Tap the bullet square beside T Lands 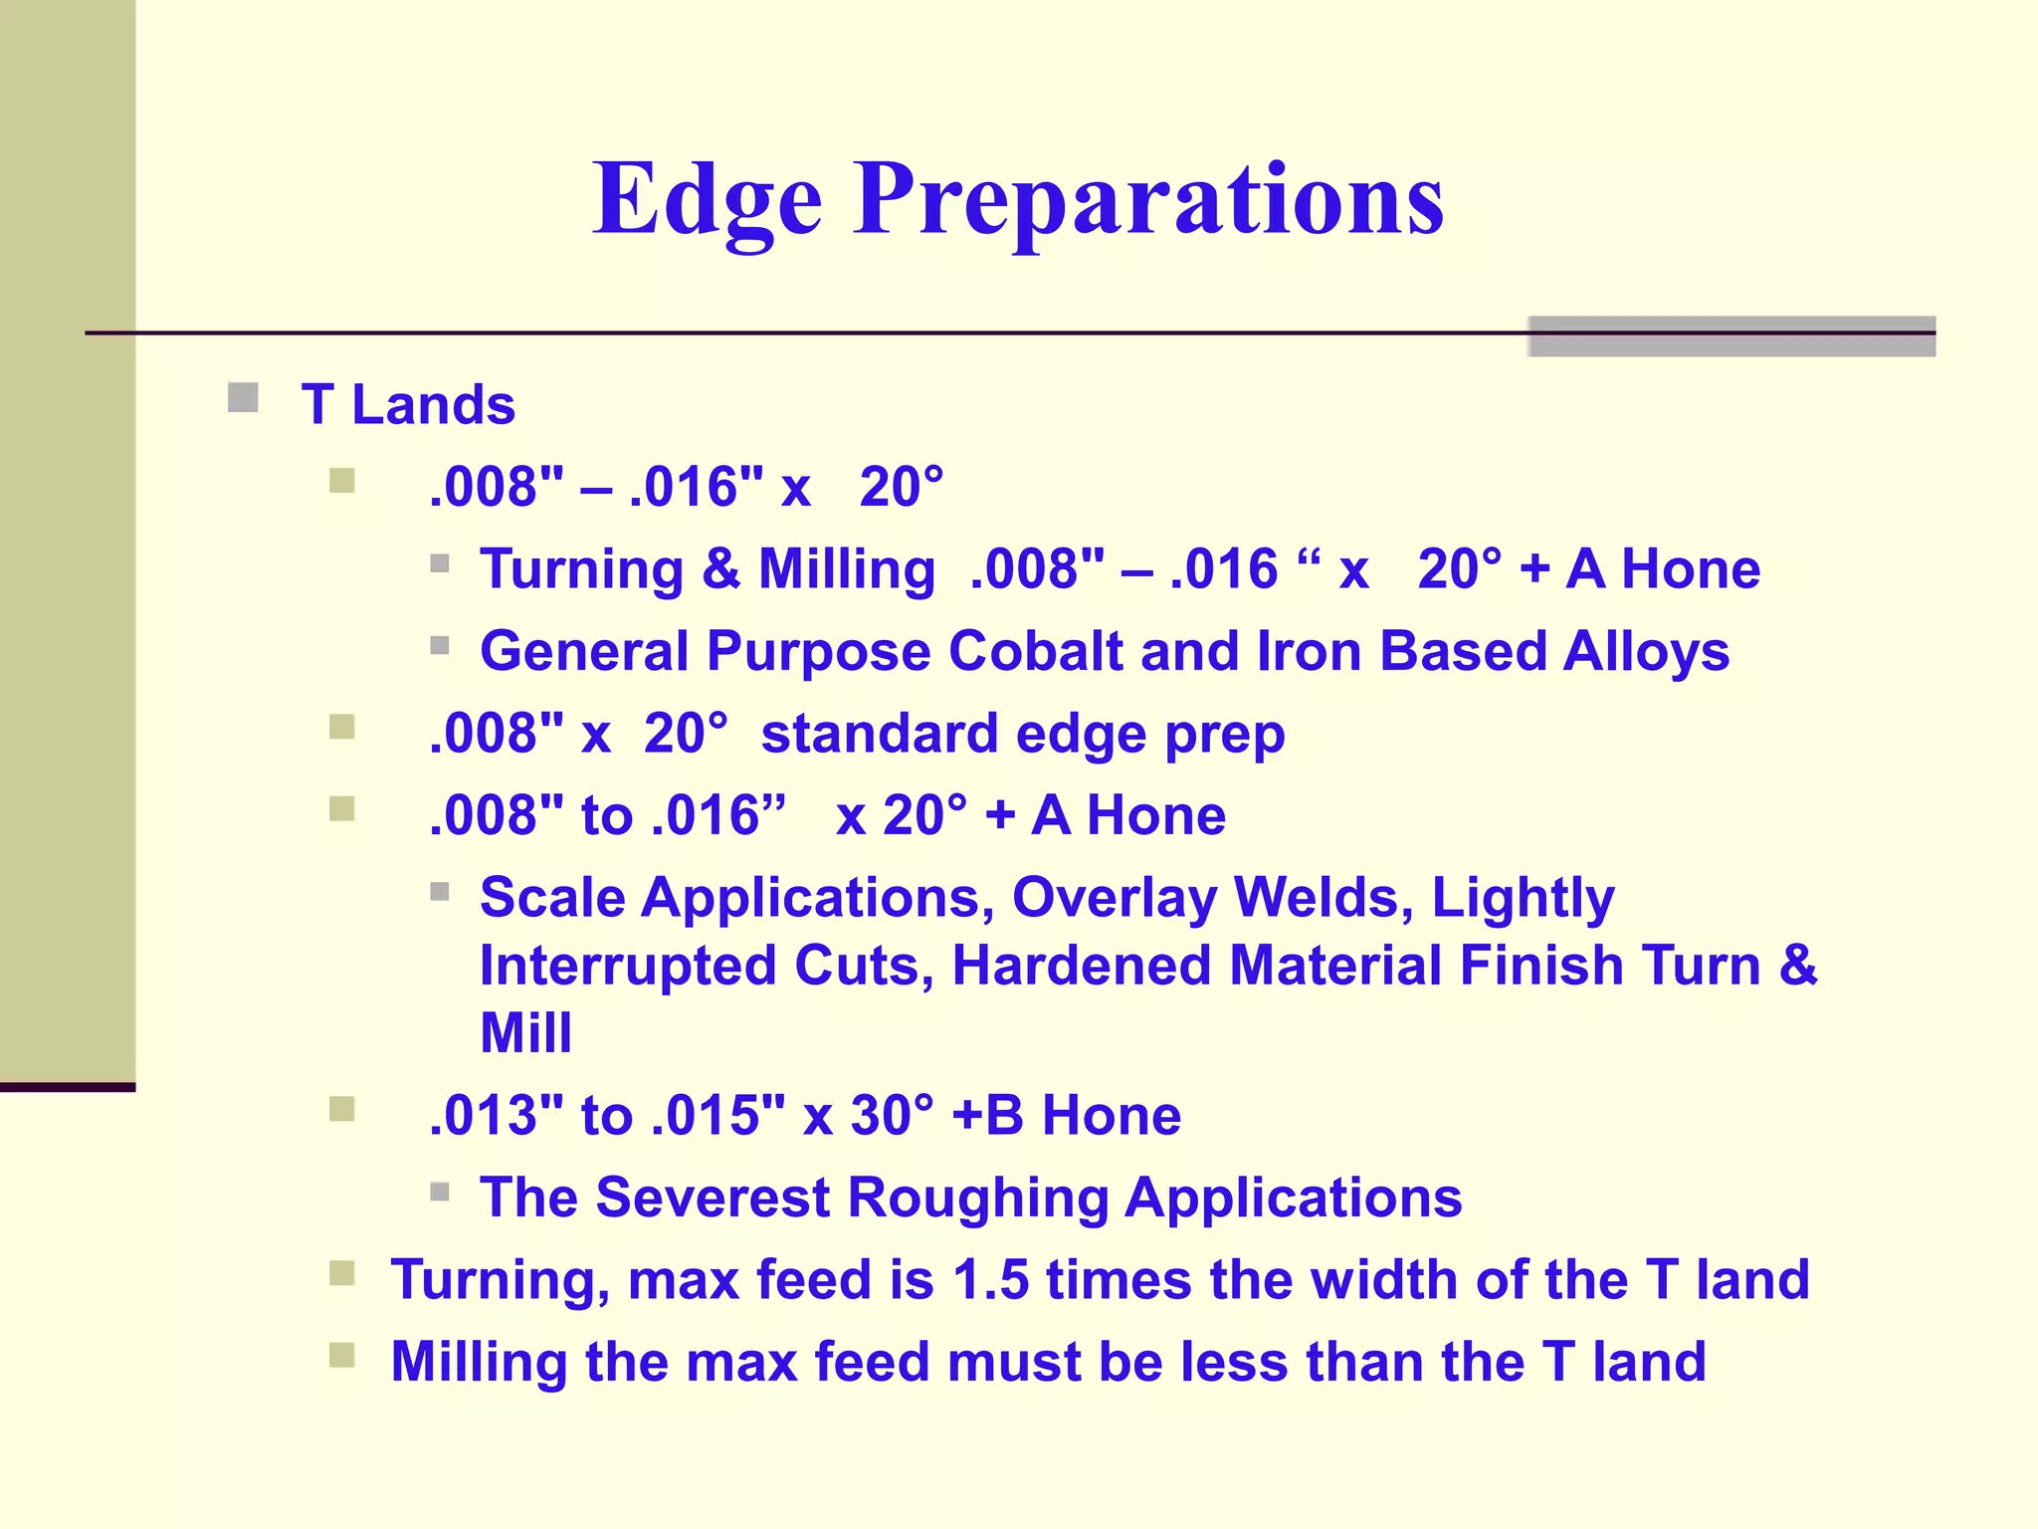(243, 398)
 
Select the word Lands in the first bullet (434, 405)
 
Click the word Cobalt (1035, 652)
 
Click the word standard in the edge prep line (879, 735)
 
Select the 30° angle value (893, 1116)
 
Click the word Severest (713, 1198)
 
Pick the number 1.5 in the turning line (990, 1280)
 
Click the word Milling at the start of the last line (479, 1362)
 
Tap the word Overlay (1115, 899)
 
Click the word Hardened (1082, 967)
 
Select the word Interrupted (628, 967)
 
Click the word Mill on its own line (525, 1033)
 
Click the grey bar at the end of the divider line (1731, 336)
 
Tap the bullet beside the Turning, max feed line (342, 1273)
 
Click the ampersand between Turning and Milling (720, 570)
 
